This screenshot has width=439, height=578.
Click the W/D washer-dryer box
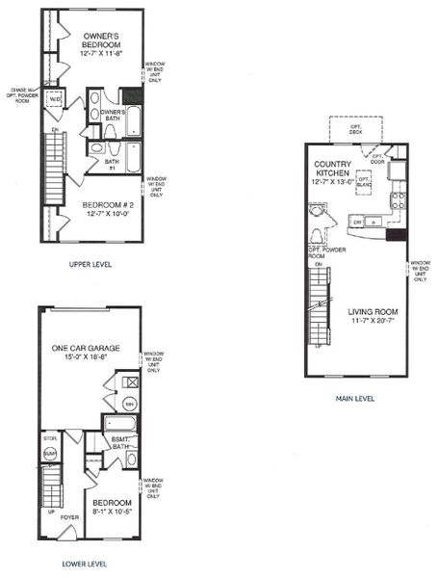click(55, 98)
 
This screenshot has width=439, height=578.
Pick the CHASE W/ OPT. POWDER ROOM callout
click(20, 92)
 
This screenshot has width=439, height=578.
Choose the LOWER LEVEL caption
click(85, 564)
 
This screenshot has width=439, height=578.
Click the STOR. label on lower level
click(50, 438)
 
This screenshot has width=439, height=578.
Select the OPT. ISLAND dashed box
click(365, 180)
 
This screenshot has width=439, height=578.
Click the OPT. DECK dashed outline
click(350, 130)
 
